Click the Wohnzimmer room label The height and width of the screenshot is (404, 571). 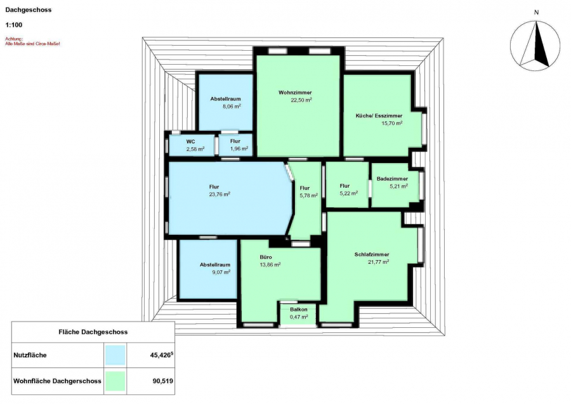tap(295, 93)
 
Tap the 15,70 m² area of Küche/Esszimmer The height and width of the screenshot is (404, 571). tap(392, 123)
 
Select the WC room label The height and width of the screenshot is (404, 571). tap(190, 141)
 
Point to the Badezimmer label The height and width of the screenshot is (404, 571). tap(392, 179)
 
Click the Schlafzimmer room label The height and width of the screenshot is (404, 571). tap(372, 254)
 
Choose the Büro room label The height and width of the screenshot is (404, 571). tap(266, 257)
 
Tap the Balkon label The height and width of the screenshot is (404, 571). tap(299, 310)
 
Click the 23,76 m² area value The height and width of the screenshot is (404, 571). tap(220, 194)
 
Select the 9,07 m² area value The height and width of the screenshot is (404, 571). tap(221, 272)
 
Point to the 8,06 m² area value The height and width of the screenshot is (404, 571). tap(232, 107)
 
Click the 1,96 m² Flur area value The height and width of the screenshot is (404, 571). tap(239, 148)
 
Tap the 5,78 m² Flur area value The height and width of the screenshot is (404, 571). tap(309, 195)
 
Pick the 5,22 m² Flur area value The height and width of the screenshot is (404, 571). tap(349, 193)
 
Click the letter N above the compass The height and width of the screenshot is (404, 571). tap(536, 13)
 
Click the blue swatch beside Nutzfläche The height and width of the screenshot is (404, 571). tap(115, 355)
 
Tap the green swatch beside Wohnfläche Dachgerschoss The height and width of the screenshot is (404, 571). tap(115, 381)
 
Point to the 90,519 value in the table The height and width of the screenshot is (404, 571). tap(163, 381)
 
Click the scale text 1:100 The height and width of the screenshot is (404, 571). tap(14, 25)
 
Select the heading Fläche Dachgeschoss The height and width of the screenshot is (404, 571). tap(93, 332)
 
